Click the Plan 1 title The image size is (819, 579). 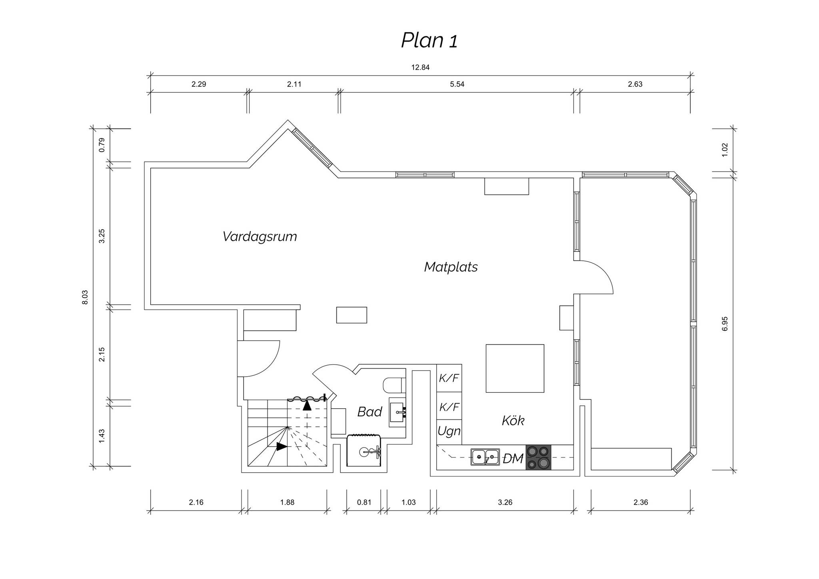429,40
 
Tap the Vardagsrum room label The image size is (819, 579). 260,237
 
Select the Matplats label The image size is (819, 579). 451,267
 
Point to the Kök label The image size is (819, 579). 513,420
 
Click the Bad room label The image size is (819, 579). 370,411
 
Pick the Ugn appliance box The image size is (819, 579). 449,432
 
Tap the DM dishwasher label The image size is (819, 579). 513,459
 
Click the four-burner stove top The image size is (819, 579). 538,457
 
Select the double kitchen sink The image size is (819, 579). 485,457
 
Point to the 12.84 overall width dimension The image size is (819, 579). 420,68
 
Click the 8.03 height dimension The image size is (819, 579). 85,297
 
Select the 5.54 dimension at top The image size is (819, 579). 457,84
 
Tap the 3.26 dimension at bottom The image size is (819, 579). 505,503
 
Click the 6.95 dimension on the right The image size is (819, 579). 725,323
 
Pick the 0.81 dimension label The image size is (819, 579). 364,503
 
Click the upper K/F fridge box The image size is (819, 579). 449,378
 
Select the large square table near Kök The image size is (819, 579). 515,368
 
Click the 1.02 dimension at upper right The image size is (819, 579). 725,150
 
